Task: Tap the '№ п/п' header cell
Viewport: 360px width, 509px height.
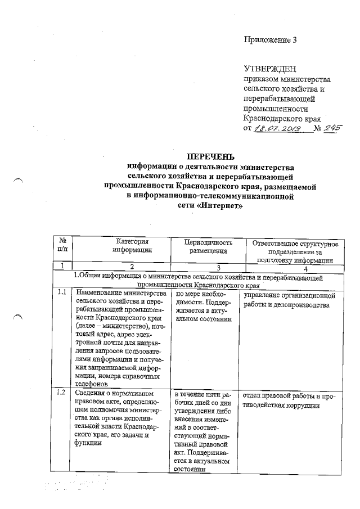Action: tap(63, 246)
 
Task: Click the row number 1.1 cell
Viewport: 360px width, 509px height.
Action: tap(62, 293)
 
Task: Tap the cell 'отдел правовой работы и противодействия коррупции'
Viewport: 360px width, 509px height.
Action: tap(289, 402)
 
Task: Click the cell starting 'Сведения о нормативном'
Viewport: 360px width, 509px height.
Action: tap(120, 419)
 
